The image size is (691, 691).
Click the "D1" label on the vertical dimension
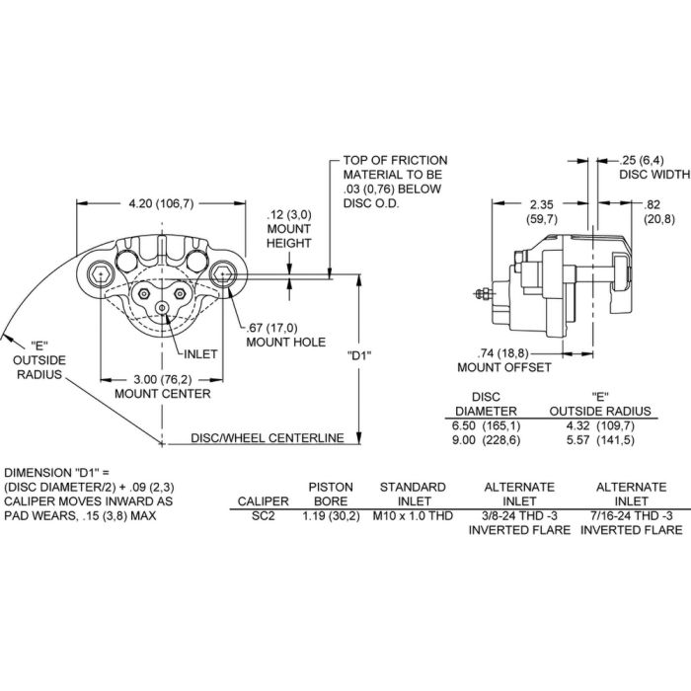click(360, 353)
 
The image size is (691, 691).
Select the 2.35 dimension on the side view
click(540, 205)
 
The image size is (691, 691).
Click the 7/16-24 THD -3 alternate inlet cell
click(631, 514)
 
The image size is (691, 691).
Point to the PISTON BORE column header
click(331, 494)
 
